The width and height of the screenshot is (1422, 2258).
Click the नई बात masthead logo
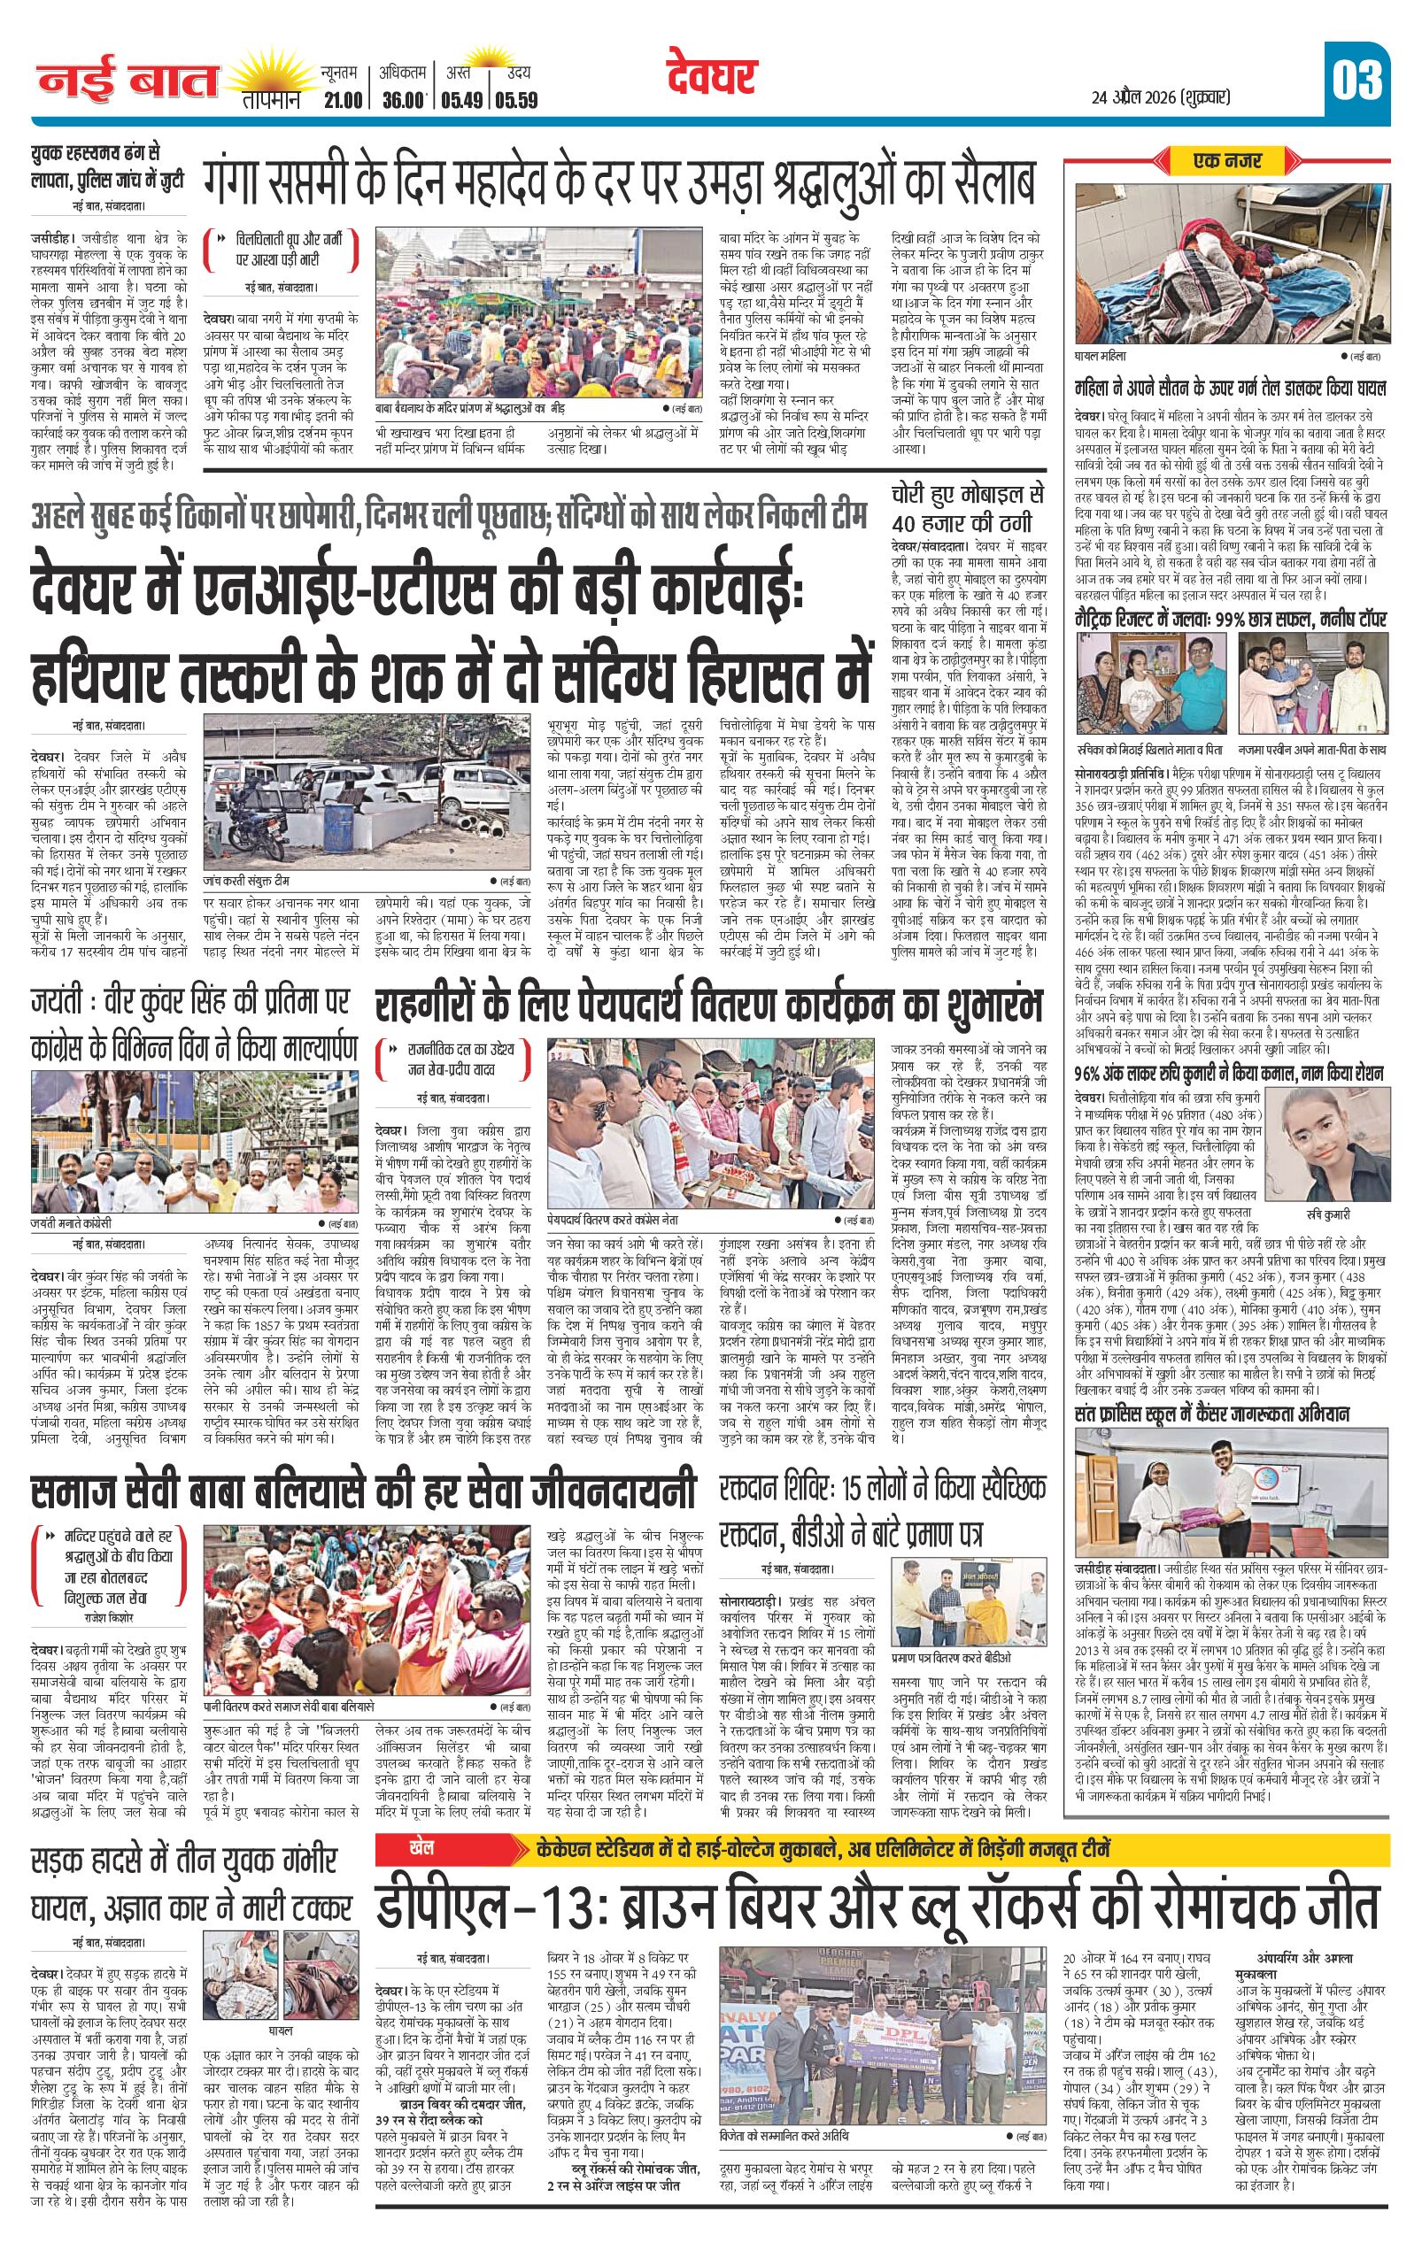pos(128,82)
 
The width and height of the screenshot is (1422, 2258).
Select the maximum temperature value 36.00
pos(404,99)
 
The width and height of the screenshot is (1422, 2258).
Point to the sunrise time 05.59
pos(518,99)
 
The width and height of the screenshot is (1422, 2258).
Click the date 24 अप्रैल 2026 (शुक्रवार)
pos(1160,96)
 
